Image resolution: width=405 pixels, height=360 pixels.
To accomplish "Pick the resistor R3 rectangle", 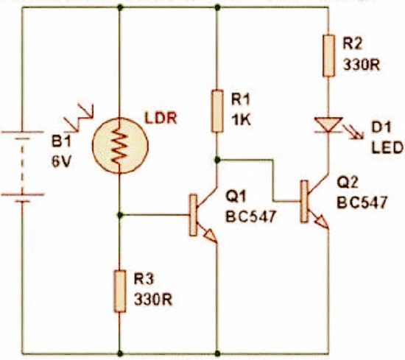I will tap(120, 292).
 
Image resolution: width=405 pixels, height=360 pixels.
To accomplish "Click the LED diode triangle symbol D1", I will tap(327, 126).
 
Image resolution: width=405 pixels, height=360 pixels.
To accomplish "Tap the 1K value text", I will tap(241, 120).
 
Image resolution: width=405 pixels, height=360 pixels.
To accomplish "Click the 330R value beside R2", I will tap(361, 64).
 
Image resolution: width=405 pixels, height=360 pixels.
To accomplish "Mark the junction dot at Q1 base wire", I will tap(120, 215).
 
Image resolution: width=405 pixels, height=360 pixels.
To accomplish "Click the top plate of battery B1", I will tap(23, 134).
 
